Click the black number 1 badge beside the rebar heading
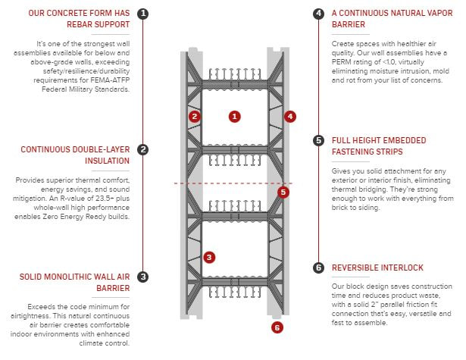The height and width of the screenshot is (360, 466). (143, 14)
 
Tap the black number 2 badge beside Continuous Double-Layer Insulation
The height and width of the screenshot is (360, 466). (143, 150)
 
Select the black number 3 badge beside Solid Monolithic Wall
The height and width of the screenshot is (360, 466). (143, 277)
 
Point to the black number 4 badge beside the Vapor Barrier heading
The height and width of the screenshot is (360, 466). (319, 14)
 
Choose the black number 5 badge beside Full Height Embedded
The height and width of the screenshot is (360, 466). (319, 140)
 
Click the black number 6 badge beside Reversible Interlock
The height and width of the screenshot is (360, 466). (319, 268)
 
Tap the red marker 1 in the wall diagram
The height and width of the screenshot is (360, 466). (235, 116)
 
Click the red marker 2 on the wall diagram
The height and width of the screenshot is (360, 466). (195, 116)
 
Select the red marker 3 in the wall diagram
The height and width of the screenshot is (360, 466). (209, 257)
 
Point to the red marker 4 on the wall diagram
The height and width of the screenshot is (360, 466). (290, 116)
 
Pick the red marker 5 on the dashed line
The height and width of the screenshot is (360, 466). (283, 192)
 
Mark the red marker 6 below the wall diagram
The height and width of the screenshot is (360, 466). (277, 327)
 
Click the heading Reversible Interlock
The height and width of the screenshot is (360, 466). (377, 268)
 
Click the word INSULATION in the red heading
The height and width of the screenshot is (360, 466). (105, 161)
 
